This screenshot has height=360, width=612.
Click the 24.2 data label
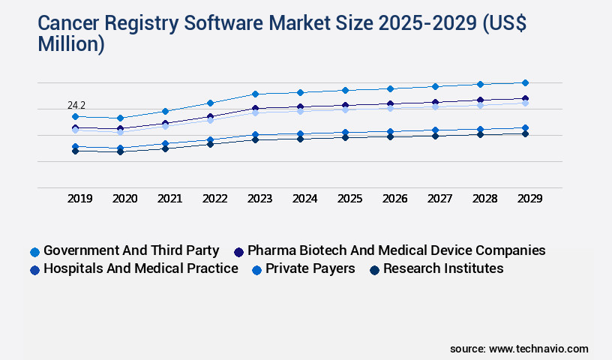pos(76,106)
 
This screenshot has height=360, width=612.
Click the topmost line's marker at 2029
pos(525,82)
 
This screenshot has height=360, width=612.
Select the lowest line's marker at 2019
pos(75,151)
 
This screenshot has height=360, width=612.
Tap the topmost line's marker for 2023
pos(255,94)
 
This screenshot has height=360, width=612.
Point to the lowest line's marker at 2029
pos(525,133)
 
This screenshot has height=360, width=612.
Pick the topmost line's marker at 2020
pos(120,118)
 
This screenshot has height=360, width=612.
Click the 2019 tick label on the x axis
pos(80,199)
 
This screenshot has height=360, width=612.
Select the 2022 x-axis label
pos(215,199)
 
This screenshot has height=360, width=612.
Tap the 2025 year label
pos(350,199)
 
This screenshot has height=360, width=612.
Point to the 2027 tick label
pos(440,199)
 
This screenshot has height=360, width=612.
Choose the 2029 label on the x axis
pos(529,199)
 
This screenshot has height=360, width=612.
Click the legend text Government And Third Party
pos(131,250)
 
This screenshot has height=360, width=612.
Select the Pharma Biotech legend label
pos(396,250)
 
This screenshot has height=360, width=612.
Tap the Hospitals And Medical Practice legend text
pos(140,268)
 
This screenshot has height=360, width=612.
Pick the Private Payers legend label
pos(310,268)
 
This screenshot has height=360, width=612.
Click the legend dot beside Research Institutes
pos(374,269)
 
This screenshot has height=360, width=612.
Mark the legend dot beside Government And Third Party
pos(34,251)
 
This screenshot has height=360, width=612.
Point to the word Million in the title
pos(71,44)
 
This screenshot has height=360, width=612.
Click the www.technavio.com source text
pos(538,349)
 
